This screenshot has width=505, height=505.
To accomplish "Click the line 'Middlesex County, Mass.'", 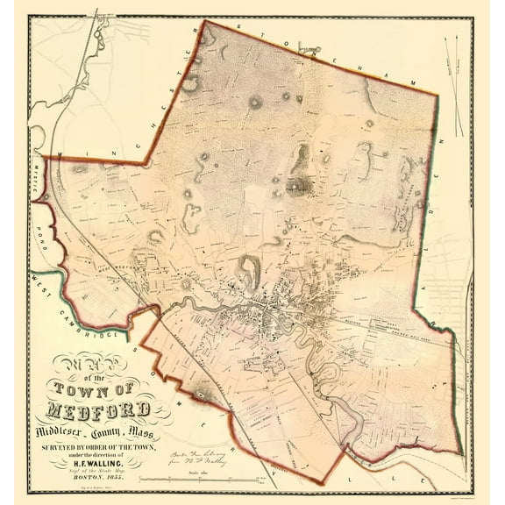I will (x=93, y=428).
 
